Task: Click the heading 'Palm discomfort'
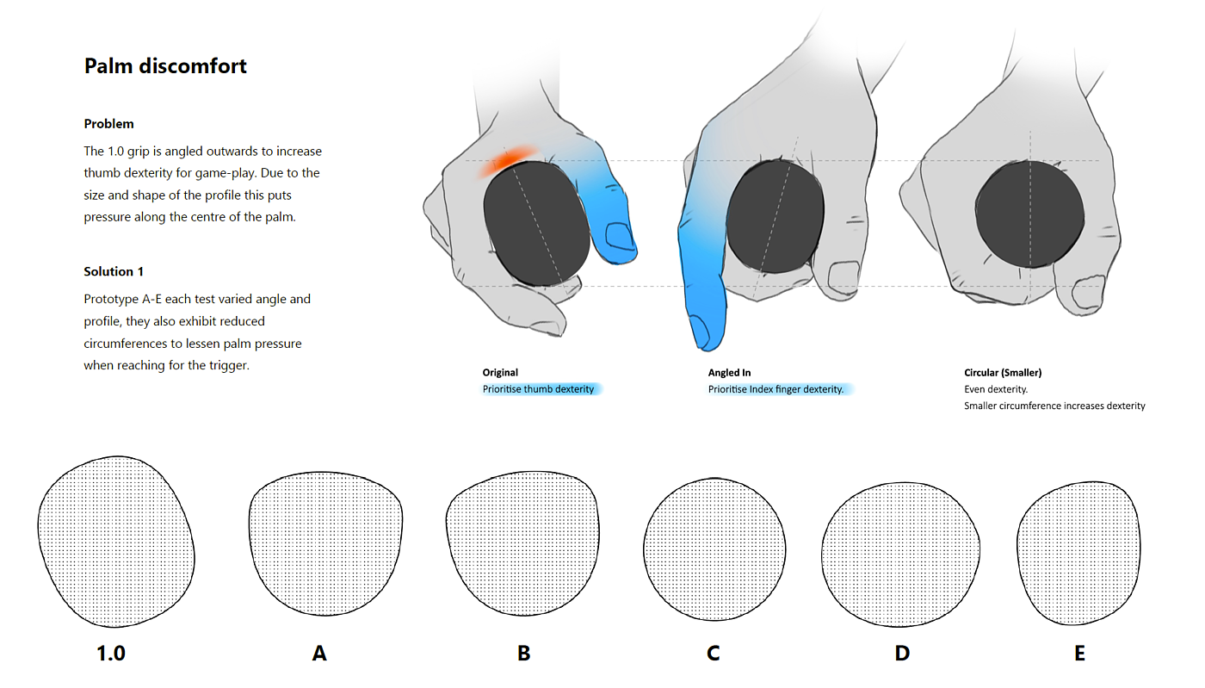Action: pyautogui.click(x=165, y=66)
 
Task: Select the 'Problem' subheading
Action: pyautogui.click(x=108, y=124)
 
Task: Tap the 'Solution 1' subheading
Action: pyautogui.click(x=114, y=271)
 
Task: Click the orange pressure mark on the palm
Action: pyautogui.click(x=507, y=160)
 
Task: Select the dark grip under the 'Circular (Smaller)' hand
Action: pyautogui.click(x=1029, y=214)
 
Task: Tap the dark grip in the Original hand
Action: pyautogui.click(x=536, y=223)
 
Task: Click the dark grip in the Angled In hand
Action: pyautogui.click(x=775, y=216)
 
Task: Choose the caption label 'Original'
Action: pyautogui.click(x=500, y=373)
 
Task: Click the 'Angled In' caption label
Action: pyautogui.click(x=729, y=373)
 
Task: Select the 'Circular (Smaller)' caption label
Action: pyautogui.click(x=1003, y=373)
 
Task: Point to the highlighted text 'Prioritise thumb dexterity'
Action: pyautogui.click(x=538, y=389)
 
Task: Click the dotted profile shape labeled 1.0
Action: pyautogui.click(x=116, y=542)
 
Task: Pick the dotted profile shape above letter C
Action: pyautogui.click(x=714, y=549)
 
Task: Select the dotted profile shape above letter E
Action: pyautogui.click(x=1078, y=554)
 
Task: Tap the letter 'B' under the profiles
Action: pyautogui.click(x=523, y=653)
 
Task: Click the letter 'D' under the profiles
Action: pyautogui.click(x=902, y=653)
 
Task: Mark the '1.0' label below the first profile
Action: pyautogui.click(x=111, y=653)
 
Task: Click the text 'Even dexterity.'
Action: pyautogui.click(x=996, y=389)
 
